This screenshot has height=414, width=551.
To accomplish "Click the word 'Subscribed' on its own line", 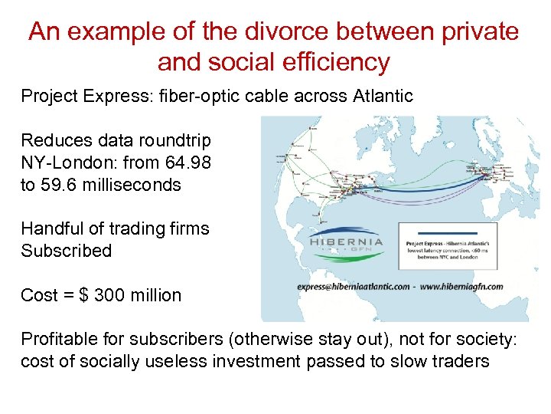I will click(x=66, y=251).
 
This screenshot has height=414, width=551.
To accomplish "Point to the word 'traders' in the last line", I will click(x=459, y=362).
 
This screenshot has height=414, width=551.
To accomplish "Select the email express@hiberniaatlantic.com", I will click(x=352, y=286).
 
